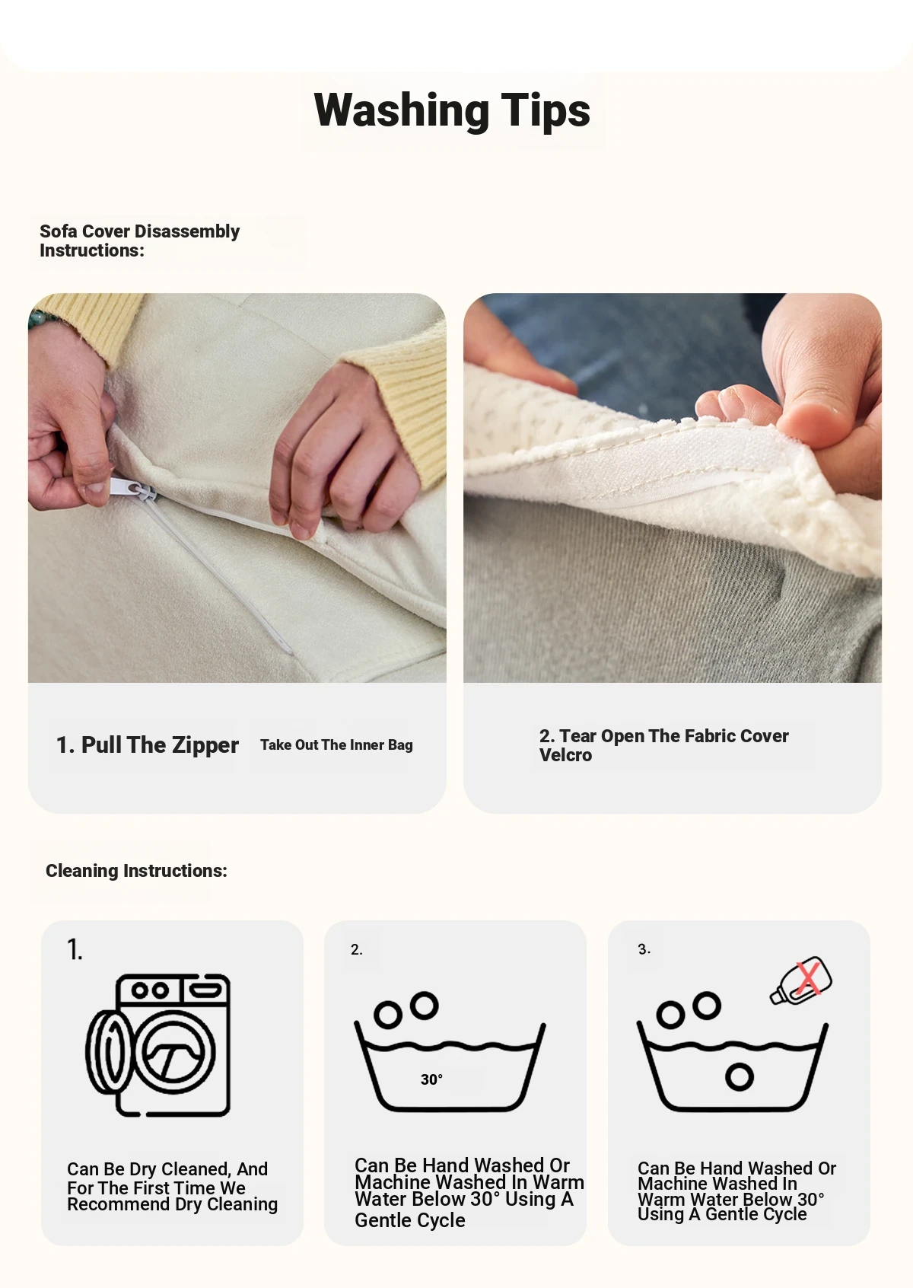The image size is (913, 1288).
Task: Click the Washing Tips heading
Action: coord(452,110)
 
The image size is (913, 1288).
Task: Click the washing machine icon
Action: coord(158,1044)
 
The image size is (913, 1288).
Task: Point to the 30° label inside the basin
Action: coord(431,1079)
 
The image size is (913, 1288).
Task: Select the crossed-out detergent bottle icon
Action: coord(801,980)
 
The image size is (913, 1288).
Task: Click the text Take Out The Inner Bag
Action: coord(336,744)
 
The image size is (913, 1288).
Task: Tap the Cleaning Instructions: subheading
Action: coord(136,871)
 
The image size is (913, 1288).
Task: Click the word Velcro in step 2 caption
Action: coord(565,755)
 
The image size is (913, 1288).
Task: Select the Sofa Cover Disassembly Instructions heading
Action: coord(140,241)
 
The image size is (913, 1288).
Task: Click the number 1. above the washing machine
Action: coord(75,949)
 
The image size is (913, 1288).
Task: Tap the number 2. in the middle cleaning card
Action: coord(356,949)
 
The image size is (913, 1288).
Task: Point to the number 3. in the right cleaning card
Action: coord(644,949)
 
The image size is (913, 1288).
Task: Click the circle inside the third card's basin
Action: coord(740,1076)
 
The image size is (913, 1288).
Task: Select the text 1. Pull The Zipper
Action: coord(147,744)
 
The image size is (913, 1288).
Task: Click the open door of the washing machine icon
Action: coord(109,1053)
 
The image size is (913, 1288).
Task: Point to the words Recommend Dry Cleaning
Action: coord(173,1204)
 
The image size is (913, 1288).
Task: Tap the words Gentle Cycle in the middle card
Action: coord(409,1219)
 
